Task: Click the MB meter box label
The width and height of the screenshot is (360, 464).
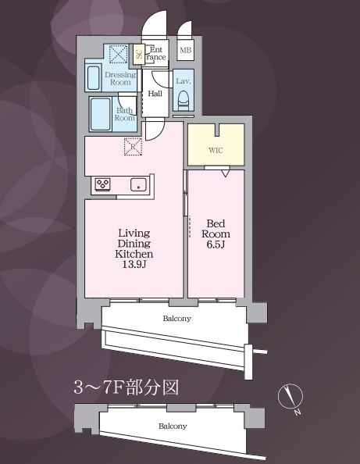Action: click(186, 50)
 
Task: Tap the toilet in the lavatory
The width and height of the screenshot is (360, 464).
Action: click(183, 100)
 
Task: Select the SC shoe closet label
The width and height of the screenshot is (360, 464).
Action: click(139, 54)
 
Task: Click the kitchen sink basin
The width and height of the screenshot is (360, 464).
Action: click(138, 185)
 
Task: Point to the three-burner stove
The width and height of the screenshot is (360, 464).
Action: click(102, 184)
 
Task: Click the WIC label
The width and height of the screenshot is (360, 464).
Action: click(216, 150)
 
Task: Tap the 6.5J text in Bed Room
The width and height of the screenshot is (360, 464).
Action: click(216, 244)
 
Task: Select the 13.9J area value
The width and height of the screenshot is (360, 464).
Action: click(134, 264)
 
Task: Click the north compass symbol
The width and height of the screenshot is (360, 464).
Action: click(290, 397)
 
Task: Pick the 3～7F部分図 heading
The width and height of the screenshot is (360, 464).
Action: click(127, 387)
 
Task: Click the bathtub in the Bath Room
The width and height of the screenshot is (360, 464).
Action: click(101, 114)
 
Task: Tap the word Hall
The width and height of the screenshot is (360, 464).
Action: click(155, 94)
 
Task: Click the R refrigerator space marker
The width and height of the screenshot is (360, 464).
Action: click(133, 147)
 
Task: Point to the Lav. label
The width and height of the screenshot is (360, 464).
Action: click(183, 80)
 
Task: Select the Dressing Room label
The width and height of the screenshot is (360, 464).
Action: click(120, 78)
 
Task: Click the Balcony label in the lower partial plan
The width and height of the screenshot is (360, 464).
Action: click(173, 427)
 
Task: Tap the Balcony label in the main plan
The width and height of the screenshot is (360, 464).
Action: click(177, 319)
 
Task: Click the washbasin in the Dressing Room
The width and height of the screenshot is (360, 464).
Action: click(94, 78)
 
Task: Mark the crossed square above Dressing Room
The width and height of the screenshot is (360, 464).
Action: click(119, 54)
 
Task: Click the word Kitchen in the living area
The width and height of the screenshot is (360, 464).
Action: click(134, 254)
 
